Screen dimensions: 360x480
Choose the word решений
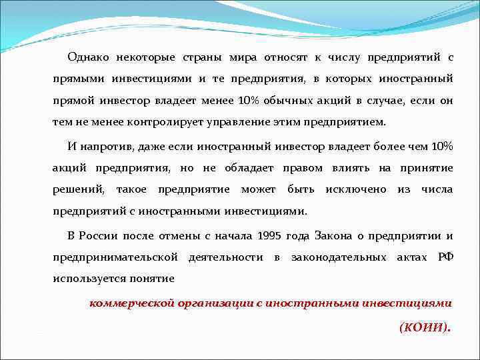pos(79,189)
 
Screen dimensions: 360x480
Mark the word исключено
pos(355,189)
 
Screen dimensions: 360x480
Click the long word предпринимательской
pos(115,257)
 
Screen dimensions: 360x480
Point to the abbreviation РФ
pos(445,257)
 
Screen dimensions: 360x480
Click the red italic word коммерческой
pos(130,303)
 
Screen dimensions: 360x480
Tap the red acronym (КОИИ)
pos(425,327)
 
